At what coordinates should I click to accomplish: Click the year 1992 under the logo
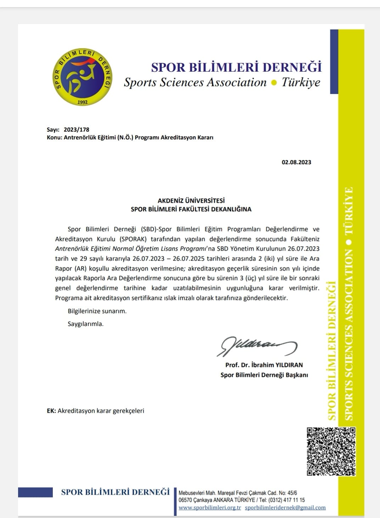click(83, 102)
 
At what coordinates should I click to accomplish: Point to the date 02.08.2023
click(296, 162)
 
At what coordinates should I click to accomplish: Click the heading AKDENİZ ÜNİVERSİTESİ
click(191, 201)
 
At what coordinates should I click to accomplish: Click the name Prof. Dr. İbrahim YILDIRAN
click(264, 365)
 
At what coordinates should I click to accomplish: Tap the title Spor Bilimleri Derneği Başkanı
click(264, 375)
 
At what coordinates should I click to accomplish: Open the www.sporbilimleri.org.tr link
click(210, 508)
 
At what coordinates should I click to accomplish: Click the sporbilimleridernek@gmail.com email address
click(285, 508)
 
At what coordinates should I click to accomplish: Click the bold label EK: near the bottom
click(51, 411)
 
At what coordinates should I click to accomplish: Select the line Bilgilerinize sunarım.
click(97, 311)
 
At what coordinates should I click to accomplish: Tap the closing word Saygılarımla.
click(85, 324)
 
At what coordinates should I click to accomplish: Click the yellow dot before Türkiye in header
click(274, 83)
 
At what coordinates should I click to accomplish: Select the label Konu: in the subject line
click(54, 138)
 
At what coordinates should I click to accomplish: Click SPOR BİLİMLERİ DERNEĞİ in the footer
click(116, 492)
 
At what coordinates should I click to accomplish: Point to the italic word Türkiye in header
click(301, 82)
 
